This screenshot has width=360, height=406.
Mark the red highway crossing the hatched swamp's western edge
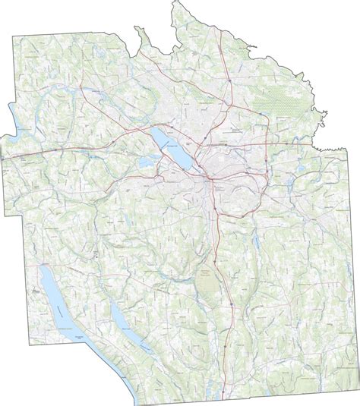(256, 106)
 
